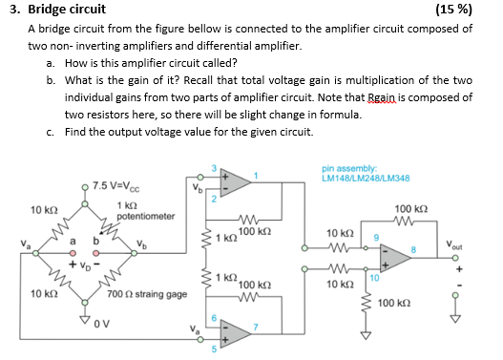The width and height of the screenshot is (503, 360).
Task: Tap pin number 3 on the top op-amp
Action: pos(214,167)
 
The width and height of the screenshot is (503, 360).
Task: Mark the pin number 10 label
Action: pos(375,277)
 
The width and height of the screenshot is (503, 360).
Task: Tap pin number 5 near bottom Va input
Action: pos(215,349)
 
